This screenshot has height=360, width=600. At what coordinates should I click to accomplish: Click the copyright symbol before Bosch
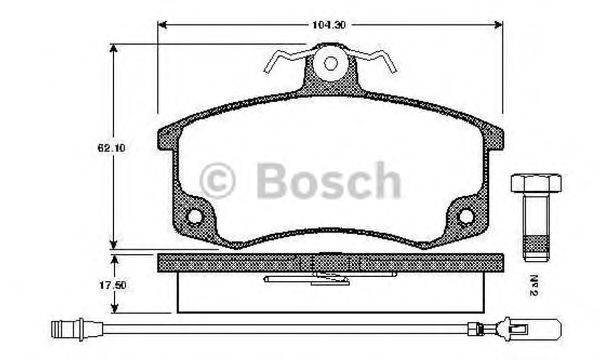[220, 182]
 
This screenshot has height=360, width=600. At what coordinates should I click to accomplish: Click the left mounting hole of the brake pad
[195, 216]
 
